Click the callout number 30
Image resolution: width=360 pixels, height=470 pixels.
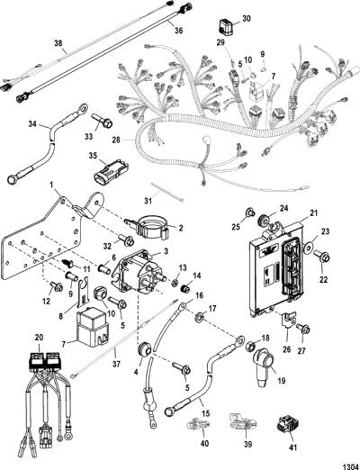point(246,19)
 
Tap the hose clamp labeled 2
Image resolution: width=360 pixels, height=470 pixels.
point(146,228)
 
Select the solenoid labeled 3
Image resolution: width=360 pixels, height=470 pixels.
point(136,274)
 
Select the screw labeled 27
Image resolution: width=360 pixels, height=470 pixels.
point(303,330)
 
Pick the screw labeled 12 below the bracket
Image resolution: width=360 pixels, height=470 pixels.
point(56,286)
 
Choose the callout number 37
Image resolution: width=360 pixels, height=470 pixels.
point(116,364)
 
